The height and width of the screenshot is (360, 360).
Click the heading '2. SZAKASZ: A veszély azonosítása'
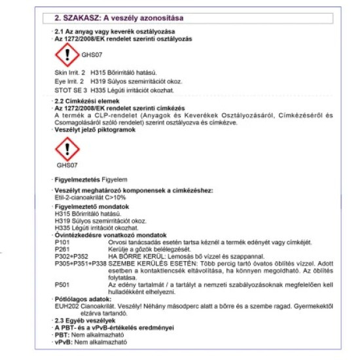click(118, 18)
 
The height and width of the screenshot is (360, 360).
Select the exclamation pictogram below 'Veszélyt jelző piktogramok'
click(67, 149)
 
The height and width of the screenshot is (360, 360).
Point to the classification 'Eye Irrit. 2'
click(69, 81)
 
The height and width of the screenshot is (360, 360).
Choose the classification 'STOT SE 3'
click(71, 90)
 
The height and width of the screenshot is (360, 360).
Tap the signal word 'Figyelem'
click(115, 179)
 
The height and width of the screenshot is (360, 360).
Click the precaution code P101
click(62, 242)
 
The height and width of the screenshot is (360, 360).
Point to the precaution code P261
click(62, 249)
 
